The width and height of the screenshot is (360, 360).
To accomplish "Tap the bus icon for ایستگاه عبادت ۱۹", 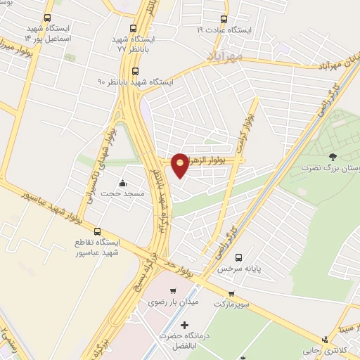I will [224, 19].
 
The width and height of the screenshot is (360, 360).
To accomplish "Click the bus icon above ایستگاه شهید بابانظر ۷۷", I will [134, 29].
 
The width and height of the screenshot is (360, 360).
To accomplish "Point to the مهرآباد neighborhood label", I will [226, 54].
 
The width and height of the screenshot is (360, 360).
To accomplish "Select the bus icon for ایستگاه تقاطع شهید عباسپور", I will [97, 231].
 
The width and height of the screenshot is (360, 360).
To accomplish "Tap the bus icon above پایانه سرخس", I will [239, 257].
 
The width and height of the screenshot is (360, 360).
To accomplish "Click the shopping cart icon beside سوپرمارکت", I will [231, 294].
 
